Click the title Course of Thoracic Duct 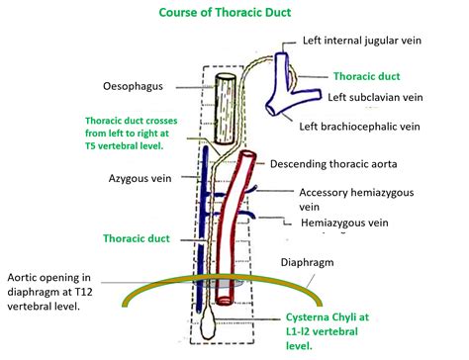point(234,13)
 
